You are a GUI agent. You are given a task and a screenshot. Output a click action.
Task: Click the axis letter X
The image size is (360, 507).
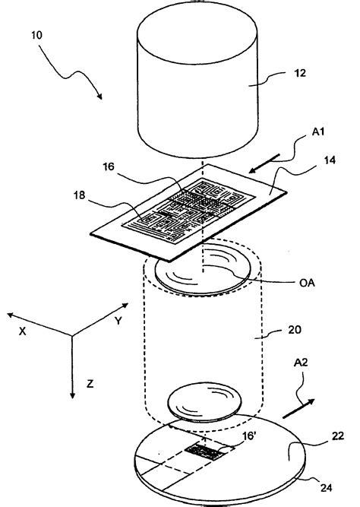tap(22, 332)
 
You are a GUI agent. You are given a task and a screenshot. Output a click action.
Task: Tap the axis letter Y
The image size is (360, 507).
tap(118, 322)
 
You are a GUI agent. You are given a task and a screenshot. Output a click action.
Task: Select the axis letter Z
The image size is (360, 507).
tap(90, 384)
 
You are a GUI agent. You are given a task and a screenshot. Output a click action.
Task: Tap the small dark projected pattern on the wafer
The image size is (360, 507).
tap(209, 452)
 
